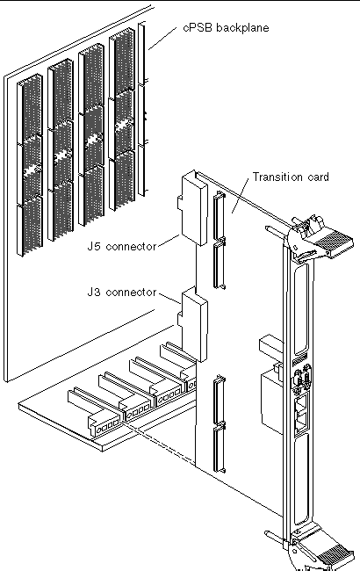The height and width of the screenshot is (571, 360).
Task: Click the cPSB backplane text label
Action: [226, 28]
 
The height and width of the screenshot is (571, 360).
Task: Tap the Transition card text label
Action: [291, 177]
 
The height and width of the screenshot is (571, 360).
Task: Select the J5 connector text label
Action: [121, 246]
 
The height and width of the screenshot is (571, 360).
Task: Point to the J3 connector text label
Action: [121, 292]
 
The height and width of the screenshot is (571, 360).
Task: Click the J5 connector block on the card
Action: [193, 208]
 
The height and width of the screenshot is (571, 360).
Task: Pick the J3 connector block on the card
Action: [193, 324]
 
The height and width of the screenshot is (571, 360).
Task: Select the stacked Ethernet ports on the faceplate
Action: [302, 412]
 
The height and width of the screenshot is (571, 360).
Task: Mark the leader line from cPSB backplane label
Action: [162, 38]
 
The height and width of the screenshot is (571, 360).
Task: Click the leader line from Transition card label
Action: [241, 195]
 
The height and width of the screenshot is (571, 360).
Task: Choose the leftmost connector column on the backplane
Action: [30, 165]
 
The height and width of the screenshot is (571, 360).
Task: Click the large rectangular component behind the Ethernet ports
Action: [272, 402]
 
